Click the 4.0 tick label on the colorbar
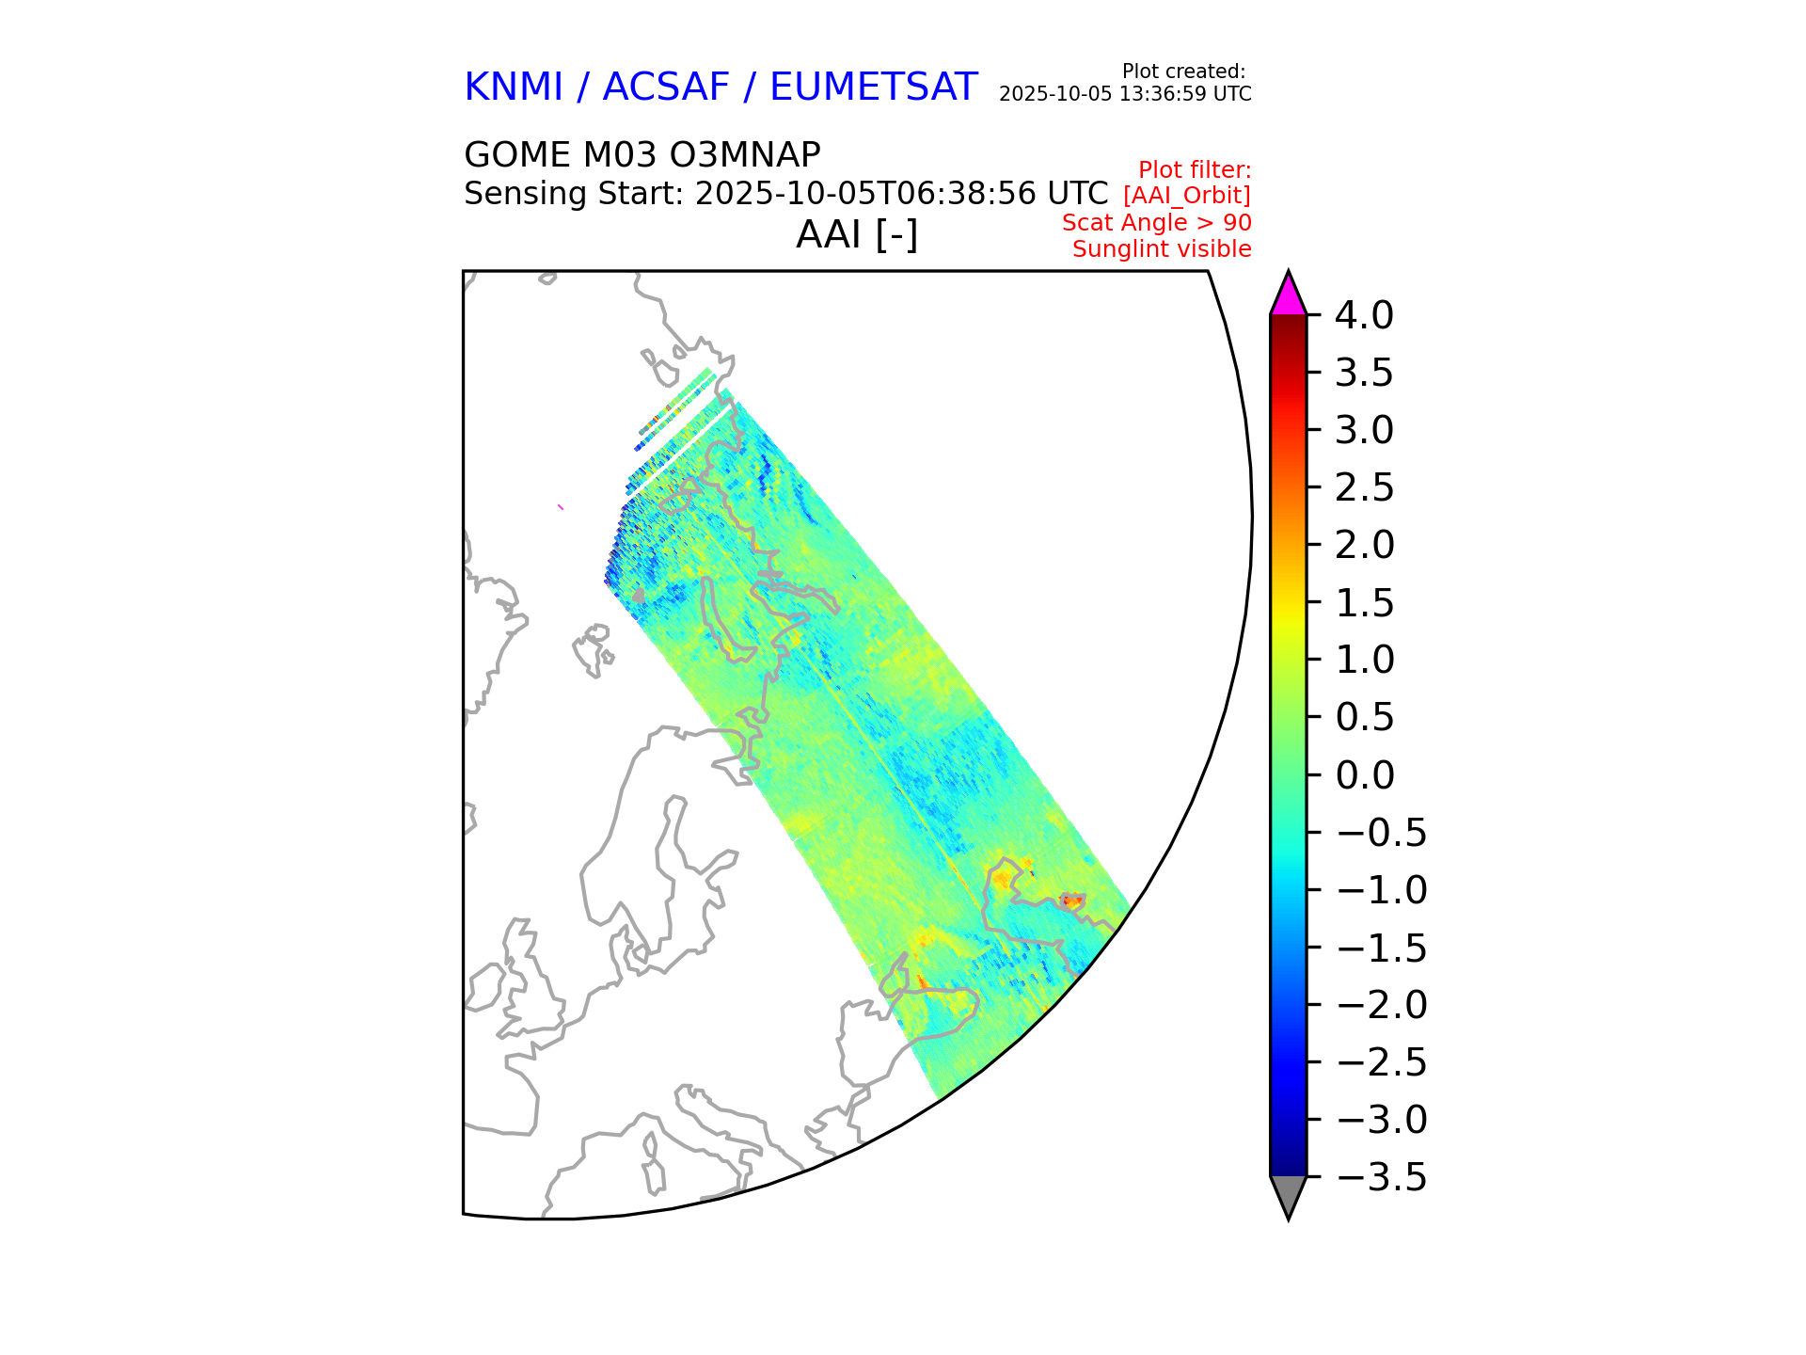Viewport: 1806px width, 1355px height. pos(1364,315)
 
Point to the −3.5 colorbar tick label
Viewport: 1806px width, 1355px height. pos(1381,1177)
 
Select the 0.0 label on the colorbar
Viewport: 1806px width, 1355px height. pos(1364,775)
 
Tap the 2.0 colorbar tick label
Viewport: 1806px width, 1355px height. pos(1364,545)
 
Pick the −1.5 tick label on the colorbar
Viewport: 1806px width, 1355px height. pos(1381,948)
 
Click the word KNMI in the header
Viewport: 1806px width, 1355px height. pos(514,88)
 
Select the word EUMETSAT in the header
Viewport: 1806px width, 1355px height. pos(873,88)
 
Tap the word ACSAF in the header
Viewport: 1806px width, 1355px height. pos(665,88)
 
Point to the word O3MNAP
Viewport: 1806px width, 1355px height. pos(748,155)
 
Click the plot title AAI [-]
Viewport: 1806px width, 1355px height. pos(857,234)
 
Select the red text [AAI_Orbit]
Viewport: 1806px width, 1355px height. pos(1186,196)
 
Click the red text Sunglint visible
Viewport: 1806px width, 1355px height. pos(1162,249)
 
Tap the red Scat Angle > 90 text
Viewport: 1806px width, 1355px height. pos(1156,223)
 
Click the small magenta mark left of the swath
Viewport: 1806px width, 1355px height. pos(561,507)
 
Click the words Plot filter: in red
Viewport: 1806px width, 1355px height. pos(1194,170)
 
